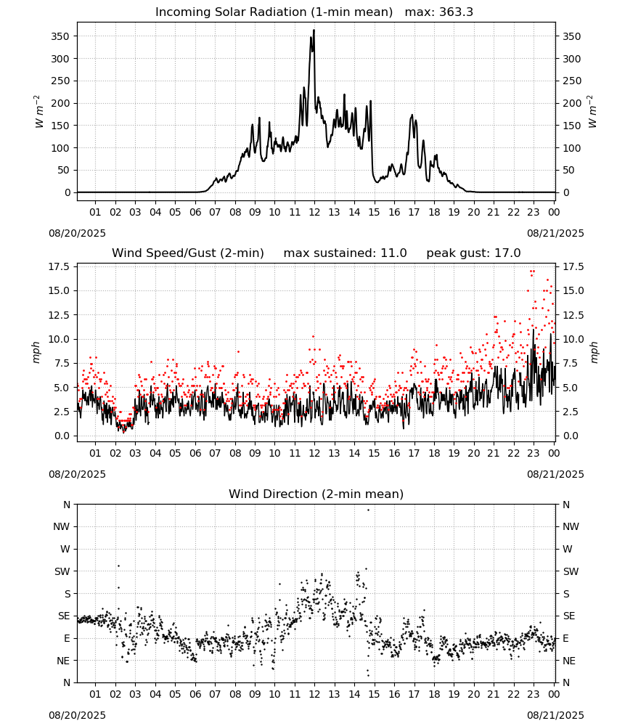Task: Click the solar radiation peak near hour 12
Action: coord(314,30)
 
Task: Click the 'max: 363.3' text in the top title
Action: coord(439,12)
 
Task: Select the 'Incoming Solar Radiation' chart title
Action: coord(231,12)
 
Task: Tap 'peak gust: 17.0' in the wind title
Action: coord(473,253)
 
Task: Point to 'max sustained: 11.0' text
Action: coord(345,253)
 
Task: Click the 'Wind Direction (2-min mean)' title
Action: coord(316,494)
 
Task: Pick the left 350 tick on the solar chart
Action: coord(61,36)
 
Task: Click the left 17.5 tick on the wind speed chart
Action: coord(60,266)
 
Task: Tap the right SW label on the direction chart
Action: coord(571,571)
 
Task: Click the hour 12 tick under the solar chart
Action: coord(314,212)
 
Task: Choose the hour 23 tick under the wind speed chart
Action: coord(534,453)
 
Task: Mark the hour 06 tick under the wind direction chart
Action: coord(195,694)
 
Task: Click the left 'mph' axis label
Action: coord(36,352)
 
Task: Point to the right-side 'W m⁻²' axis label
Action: coord(593,112)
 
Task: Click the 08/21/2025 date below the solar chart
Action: coord(555,233)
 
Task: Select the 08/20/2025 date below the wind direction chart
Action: coord(77,715)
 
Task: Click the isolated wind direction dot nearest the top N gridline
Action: coord(368,510)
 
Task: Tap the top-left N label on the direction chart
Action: coord(67,505)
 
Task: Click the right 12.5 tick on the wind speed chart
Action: coord(573,315)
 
